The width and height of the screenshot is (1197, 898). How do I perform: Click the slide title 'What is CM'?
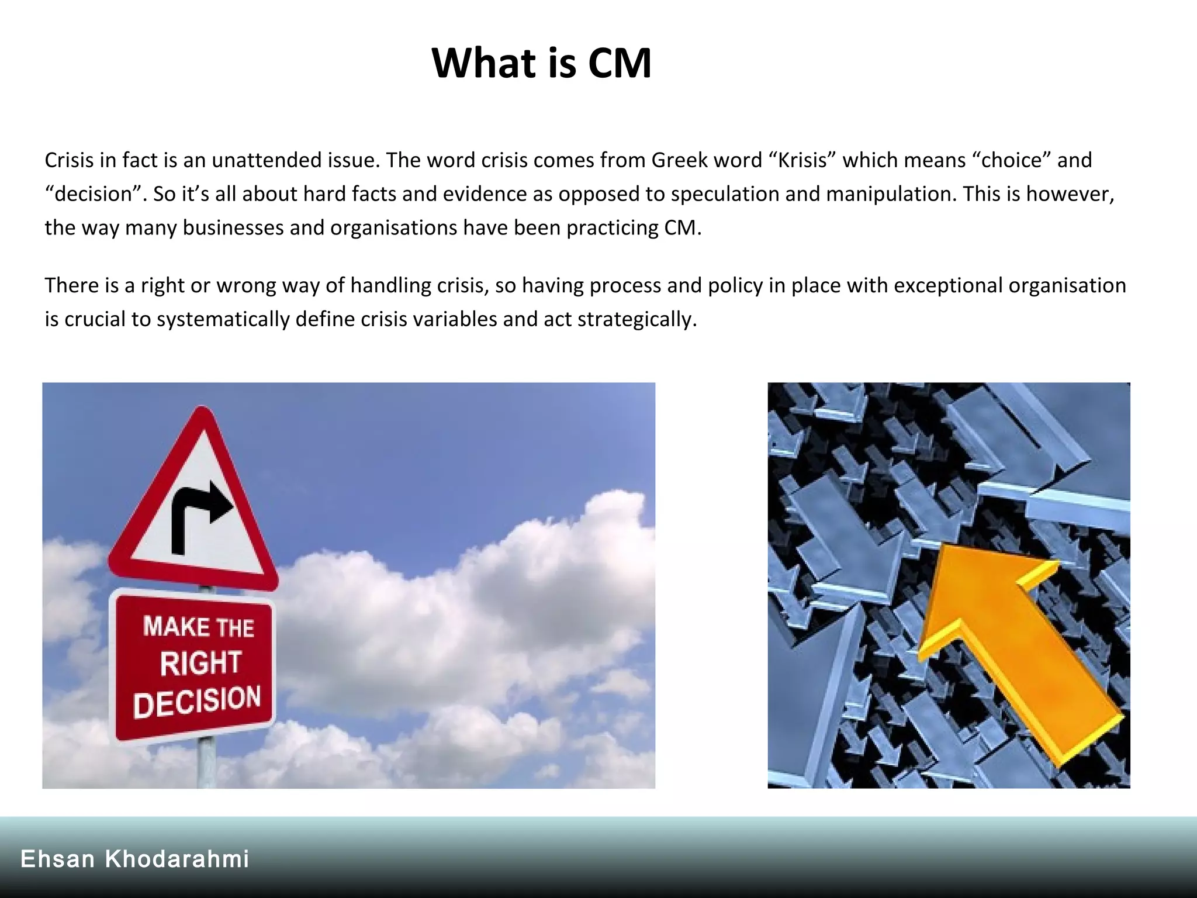pos(541,63)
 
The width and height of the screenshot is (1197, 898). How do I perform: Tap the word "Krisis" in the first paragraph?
pos(802,160)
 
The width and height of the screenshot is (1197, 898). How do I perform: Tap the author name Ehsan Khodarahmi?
pos(135,859)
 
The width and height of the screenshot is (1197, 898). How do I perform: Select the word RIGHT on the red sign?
pos(200,663)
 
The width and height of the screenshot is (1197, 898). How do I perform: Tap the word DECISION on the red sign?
pos(197,700)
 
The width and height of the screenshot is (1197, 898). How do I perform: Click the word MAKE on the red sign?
pos(177,627)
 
